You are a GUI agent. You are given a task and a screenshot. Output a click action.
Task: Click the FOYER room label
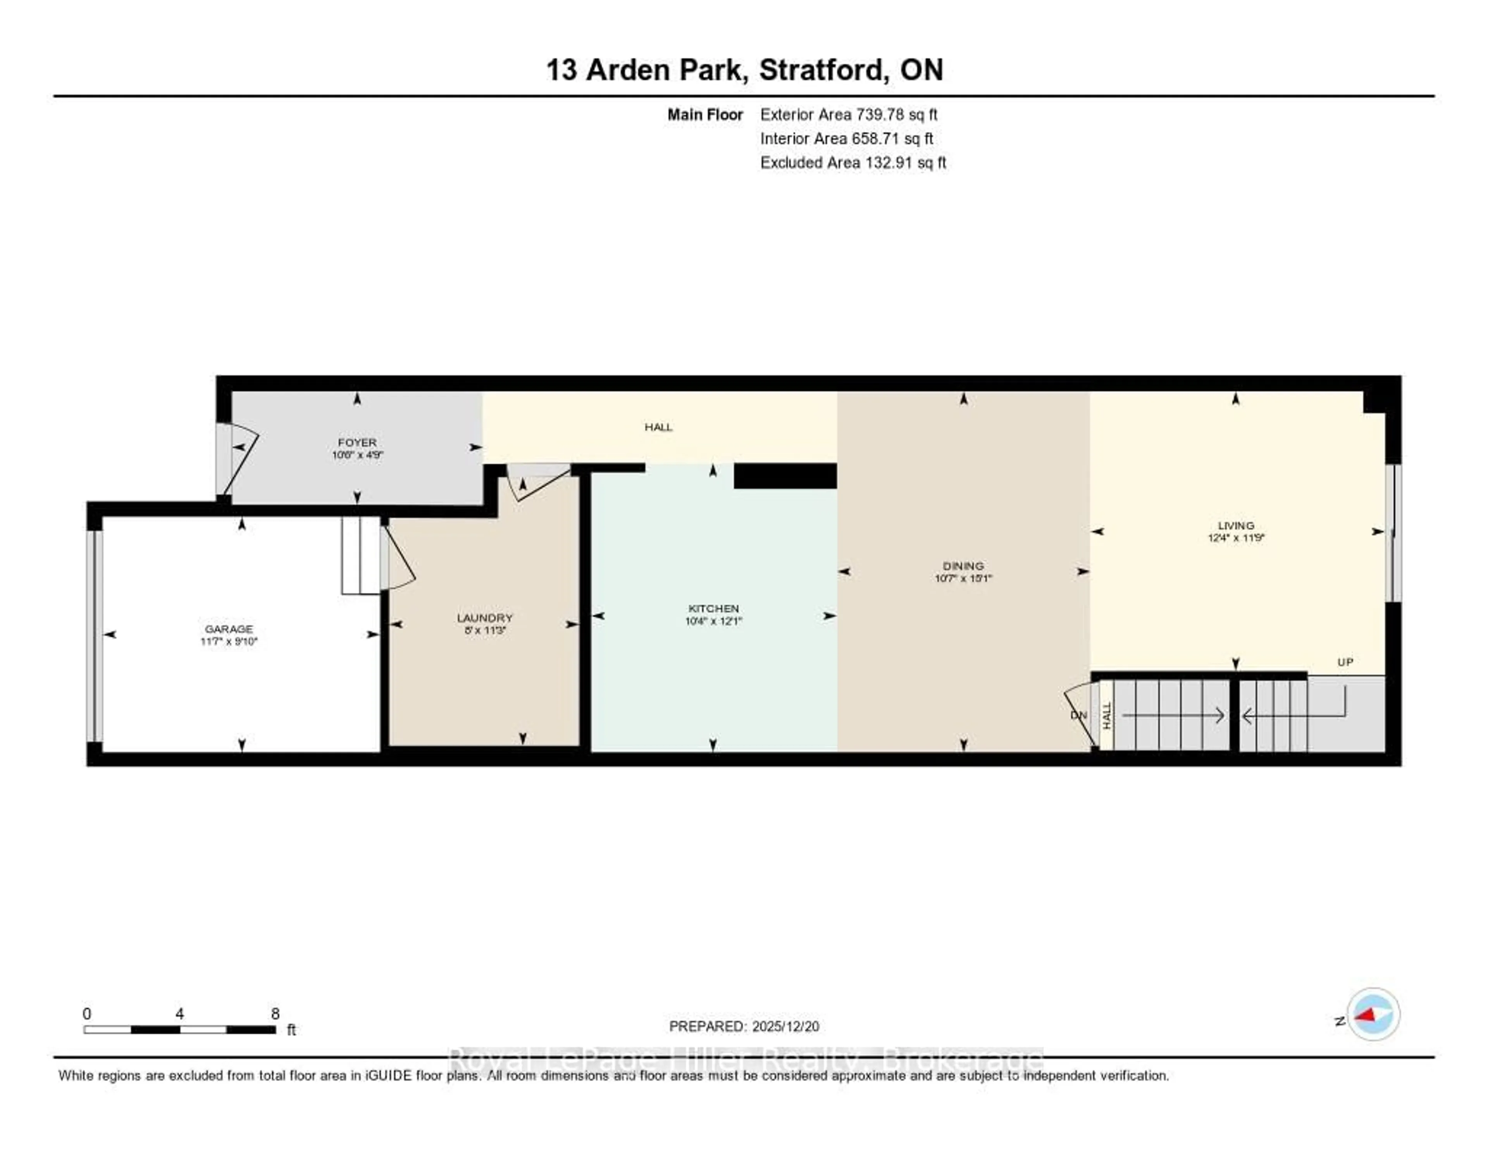click(356, 442)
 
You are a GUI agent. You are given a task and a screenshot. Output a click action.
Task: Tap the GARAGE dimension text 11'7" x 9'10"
click(229, 641)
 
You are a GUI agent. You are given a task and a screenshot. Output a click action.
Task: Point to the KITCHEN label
click(713, 608)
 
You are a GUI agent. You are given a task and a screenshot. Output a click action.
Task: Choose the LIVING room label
click(1235, 526)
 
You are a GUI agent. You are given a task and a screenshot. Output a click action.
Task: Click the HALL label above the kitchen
click(658, 427)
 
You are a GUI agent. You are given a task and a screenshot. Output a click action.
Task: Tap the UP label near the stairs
click(1345, 662)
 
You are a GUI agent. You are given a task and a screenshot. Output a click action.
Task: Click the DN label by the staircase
click(1078, 715)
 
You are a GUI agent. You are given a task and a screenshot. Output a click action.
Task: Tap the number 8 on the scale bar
click(275, 1014)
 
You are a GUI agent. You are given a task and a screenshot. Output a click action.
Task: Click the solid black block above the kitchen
click(785, 476)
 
